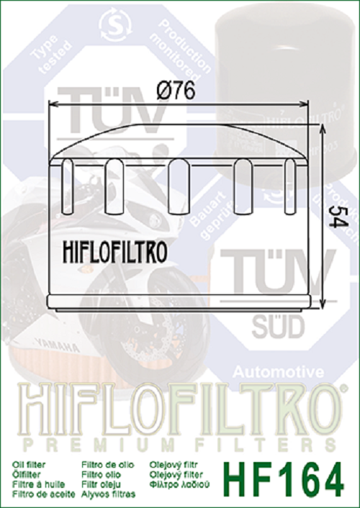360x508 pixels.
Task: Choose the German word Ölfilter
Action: [x=27, y=475]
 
